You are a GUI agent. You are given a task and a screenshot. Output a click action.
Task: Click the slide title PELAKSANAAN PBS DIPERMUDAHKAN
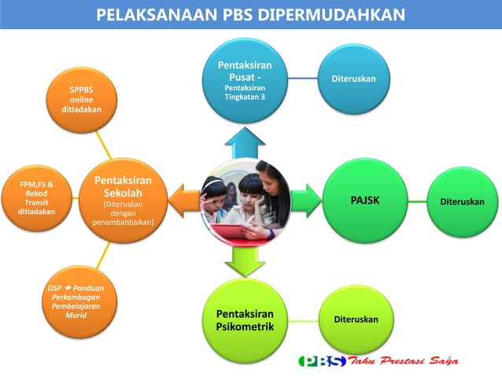coord(251,14)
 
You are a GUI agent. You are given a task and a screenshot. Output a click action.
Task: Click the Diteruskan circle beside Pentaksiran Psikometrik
coord(350,319)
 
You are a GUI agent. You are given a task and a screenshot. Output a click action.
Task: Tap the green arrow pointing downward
coord(245,260)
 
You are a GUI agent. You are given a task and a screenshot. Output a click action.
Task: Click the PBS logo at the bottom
coord(323,361)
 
